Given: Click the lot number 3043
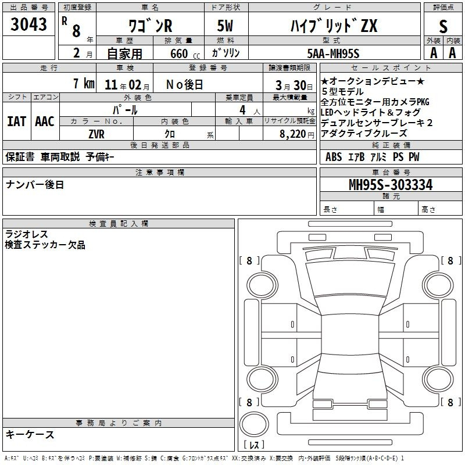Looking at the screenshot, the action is coord(28,24).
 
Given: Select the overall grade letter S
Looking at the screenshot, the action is coord(443,26).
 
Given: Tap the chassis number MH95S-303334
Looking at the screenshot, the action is coord(391,184).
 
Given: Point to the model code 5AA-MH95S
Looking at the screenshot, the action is coord(333,53).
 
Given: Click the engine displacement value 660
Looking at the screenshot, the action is coord(179,53).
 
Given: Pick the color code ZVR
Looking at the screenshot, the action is coord(96,134).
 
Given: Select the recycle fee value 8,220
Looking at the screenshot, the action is coord(292,134).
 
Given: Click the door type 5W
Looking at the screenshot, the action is coord(225,26).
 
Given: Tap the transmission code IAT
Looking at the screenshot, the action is coord(16,121).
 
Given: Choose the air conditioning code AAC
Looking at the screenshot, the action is coord(45,121).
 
